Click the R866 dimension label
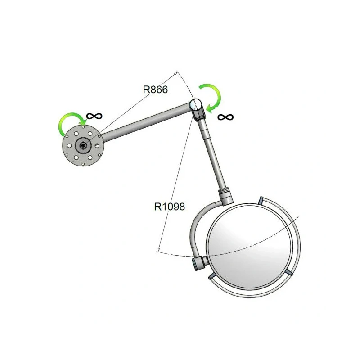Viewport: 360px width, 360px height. pyautogui.click(x=155, y=90)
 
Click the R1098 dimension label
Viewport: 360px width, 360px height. pyautogui.click(x=170, y=207)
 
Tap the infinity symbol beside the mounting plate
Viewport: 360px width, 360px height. pyautogui.click(x=94, y=116)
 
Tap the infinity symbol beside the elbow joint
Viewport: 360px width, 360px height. pyautogui.click(x=225, y=117)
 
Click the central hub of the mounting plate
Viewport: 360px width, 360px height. pyautogui.click(x=83, y=145)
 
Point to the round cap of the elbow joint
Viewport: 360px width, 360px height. pyautogui.click(x=196, y=104)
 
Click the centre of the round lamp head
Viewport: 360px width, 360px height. pyautogui.click(x=250, y=247)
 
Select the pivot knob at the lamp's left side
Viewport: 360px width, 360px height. pyautogui.click(x=199, y=263)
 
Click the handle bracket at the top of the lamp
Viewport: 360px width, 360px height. pyautogui.click(x=261, y=200)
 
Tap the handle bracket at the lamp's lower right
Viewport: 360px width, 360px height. pyautogui.click(x=289, y=273)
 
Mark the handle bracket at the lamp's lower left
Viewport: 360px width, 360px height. pyautogui.click(x=211, y=276)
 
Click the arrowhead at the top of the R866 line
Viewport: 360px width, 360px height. pyautogui.click(x=175, y=74)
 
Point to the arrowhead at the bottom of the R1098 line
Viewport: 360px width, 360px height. pyautogui.click(x=158, y=250)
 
